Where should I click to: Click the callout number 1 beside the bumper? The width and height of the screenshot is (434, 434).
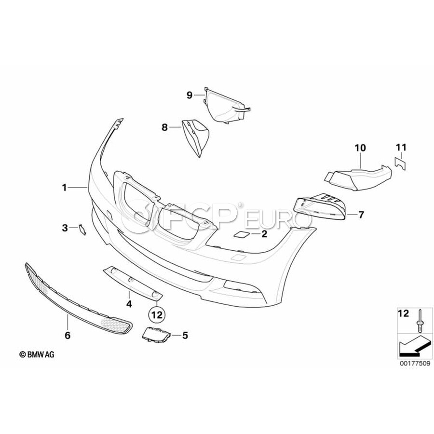click(x=64, y=187)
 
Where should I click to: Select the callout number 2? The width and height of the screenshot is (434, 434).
click(x=264, y=235)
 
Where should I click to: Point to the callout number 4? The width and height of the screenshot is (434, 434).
click(x=129, y=304)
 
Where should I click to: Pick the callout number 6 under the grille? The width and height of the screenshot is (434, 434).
click(x=68, y=334)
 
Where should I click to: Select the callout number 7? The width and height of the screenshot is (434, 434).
click(x=361, y=215)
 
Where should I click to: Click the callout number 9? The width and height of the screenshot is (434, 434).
click(x=190, y=95)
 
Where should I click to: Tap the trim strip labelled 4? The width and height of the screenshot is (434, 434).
click(x=133, y=282)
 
